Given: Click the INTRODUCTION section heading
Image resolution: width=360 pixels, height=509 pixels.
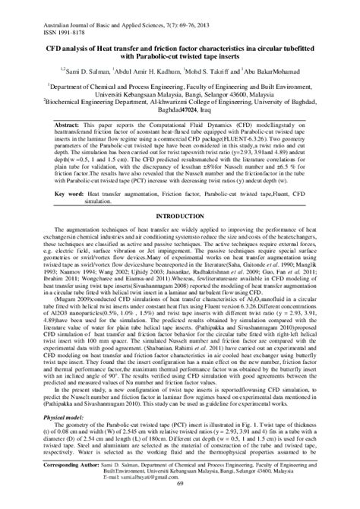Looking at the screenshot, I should click(179, 217).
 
